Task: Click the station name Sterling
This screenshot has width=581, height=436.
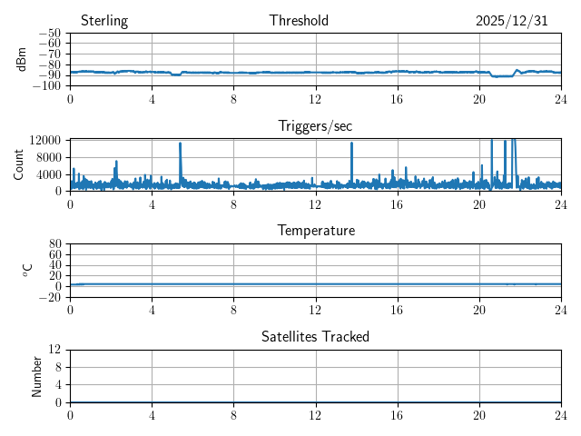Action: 104,21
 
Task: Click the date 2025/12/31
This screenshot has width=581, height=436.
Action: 511,21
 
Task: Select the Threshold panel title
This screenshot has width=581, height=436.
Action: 299,21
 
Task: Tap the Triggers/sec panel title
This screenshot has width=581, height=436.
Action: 315,126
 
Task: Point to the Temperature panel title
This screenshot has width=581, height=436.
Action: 315,231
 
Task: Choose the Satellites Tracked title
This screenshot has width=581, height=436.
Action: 315,336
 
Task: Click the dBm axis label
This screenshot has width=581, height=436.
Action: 23,58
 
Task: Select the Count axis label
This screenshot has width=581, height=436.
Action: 18,164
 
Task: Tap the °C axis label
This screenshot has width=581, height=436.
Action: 27,270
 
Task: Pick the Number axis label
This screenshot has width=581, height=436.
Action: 36,375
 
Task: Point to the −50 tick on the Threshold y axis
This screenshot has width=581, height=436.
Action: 49,33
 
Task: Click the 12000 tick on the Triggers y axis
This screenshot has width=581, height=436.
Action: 44,140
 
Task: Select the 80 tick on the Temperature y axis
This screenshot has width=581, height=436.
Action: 54,244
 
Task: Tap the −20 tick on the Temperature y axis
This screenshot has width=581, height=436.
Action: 49,297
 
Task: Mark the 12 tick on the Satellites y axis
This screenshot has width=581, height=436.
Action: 54,350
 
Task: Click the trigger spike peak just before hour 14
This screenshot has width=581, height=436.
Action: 351,144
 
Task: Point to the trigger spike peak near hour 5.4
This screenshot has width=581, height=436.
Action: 181,144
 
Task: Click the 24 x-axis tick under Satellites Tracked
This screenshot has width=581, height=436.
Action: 560,413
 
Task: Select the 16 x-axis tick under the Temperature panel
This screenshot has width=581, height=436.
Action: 397,309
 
